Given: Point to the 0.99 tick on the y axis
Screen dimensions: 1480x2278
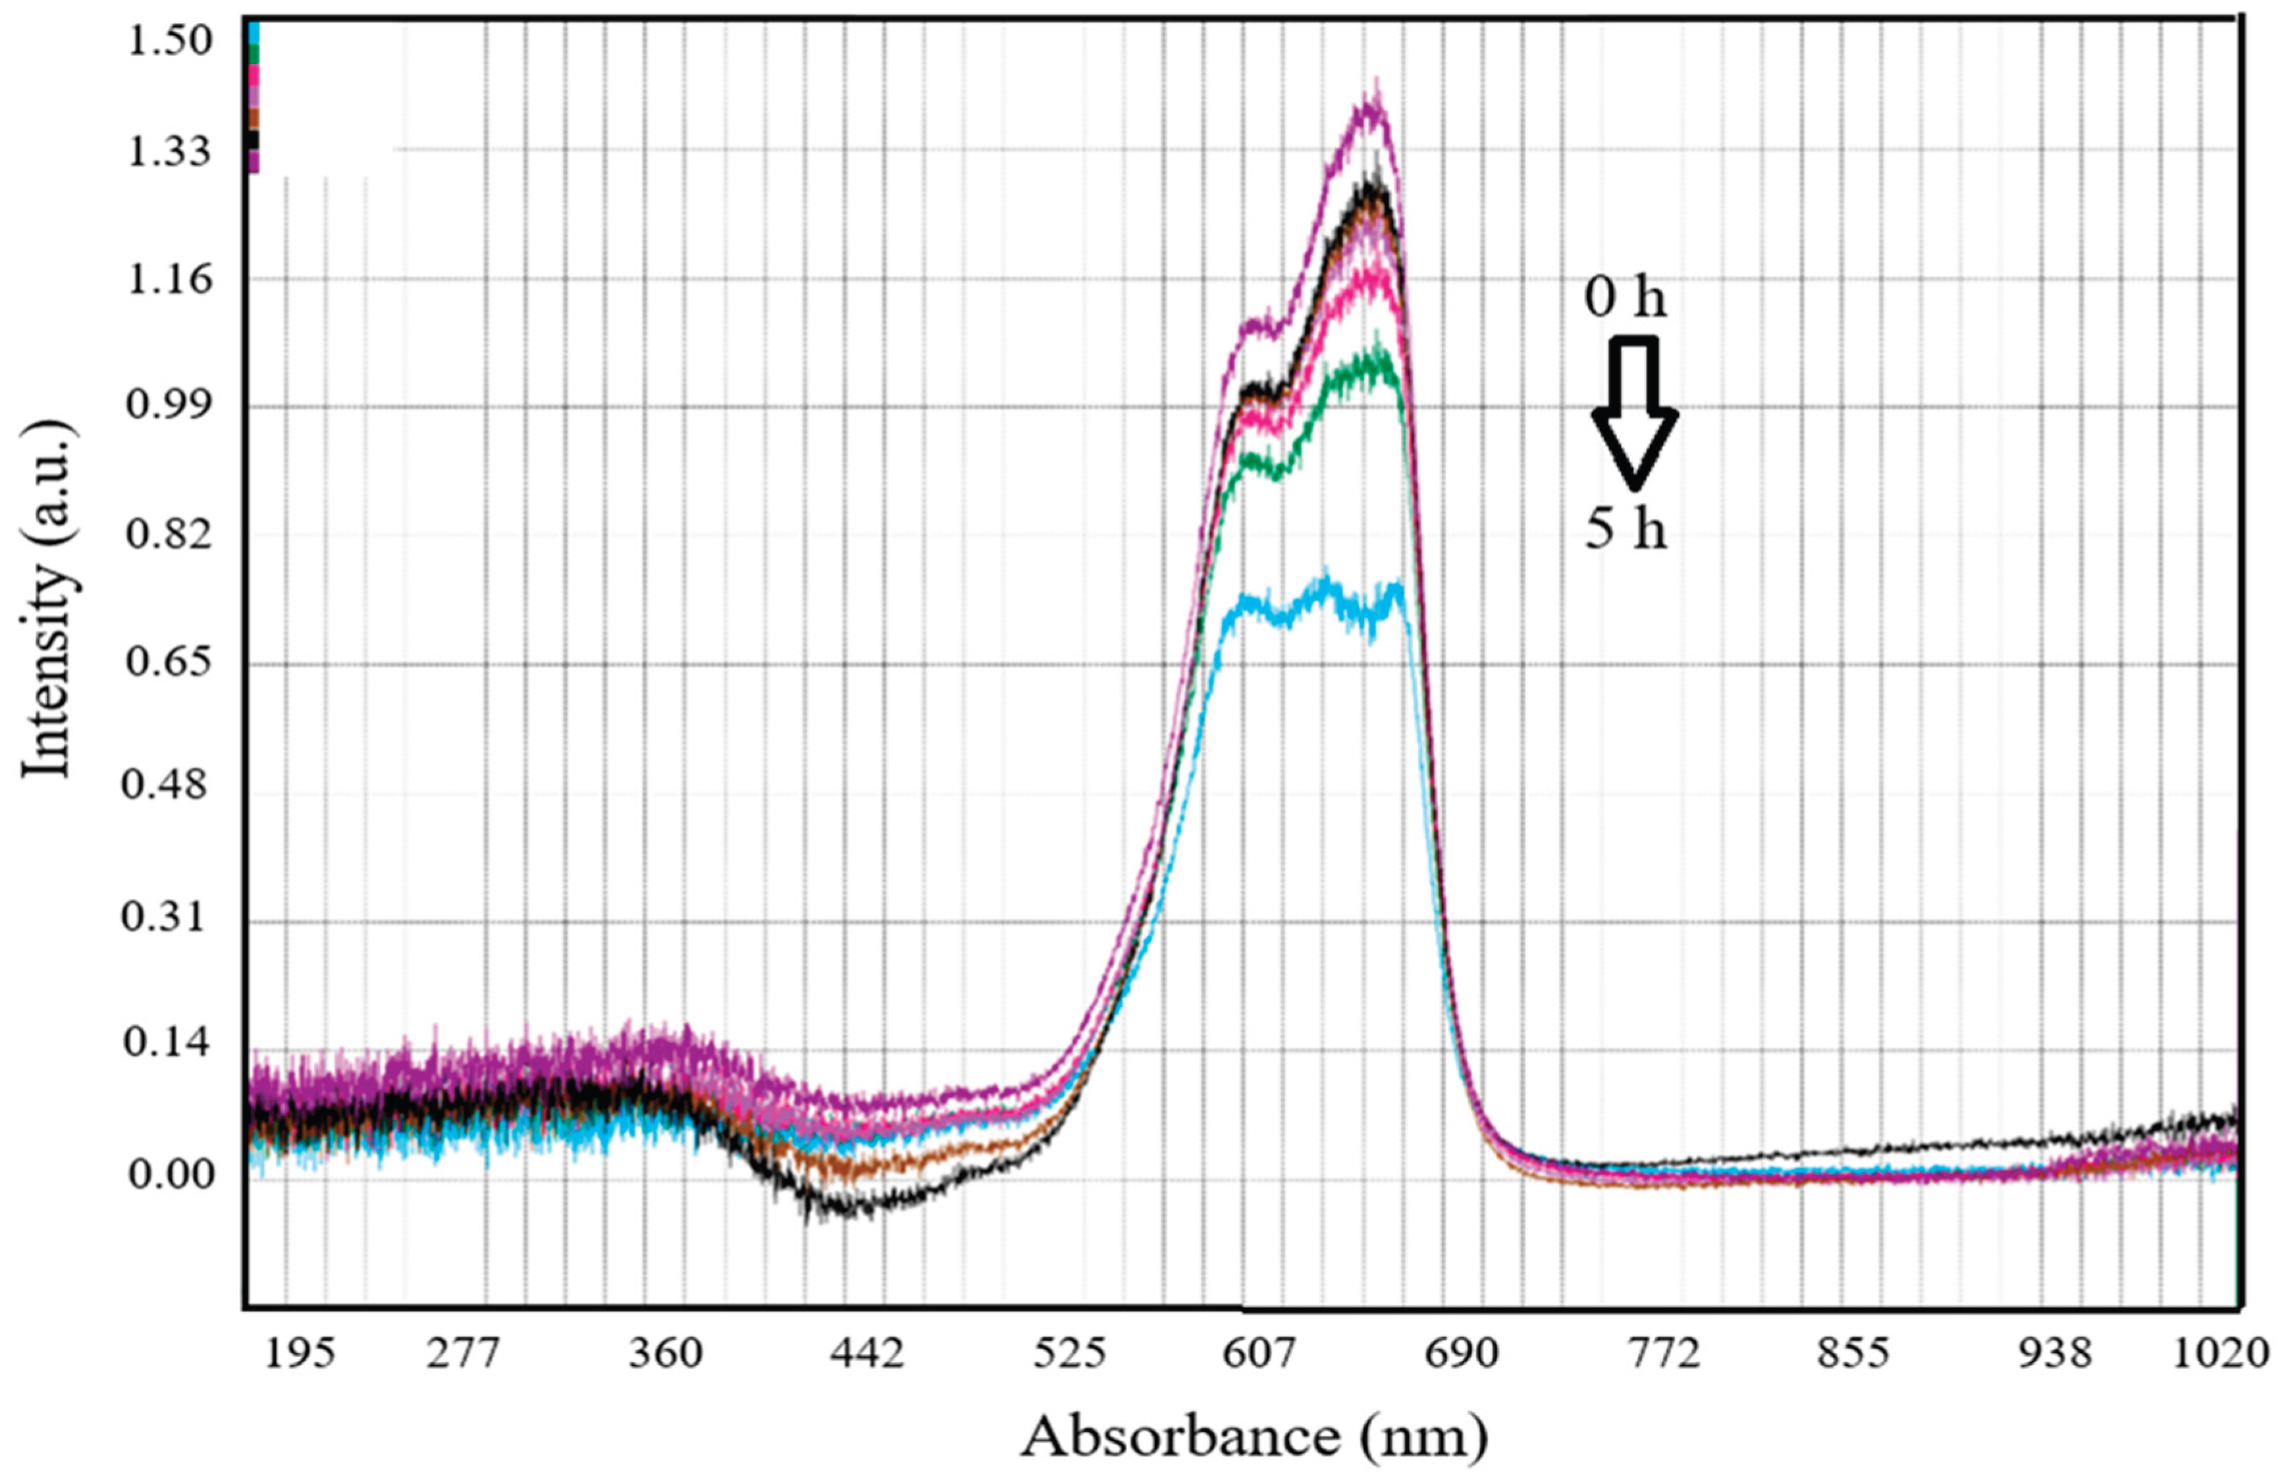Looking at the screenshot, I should [x=169, y=406].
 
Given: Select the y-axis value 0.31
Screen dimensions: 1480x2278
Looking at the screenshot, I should [x=169, y=918].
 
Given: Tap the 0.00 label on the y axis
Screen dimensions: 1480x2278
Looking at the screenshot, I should [x=169, y=1174].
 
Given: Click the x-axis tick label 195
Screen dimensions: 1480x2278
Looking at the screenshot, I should [x=300, y=1356].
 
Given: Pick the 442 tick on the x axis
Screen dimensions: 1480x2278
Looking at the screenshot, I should [x=867, y=1356].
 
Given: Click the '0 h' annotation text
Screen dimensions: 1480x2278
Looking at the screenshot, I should [x=1626, y=299].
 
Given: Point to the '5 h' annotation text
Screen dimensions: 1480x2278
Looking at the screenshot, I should [x=1626, y=529].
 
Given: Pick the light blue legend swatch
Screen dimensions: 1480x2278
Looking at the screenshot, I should [x=253, y=32].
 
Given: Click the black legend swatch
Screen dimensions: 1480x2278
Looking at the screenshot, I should [x=253, y=140].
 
